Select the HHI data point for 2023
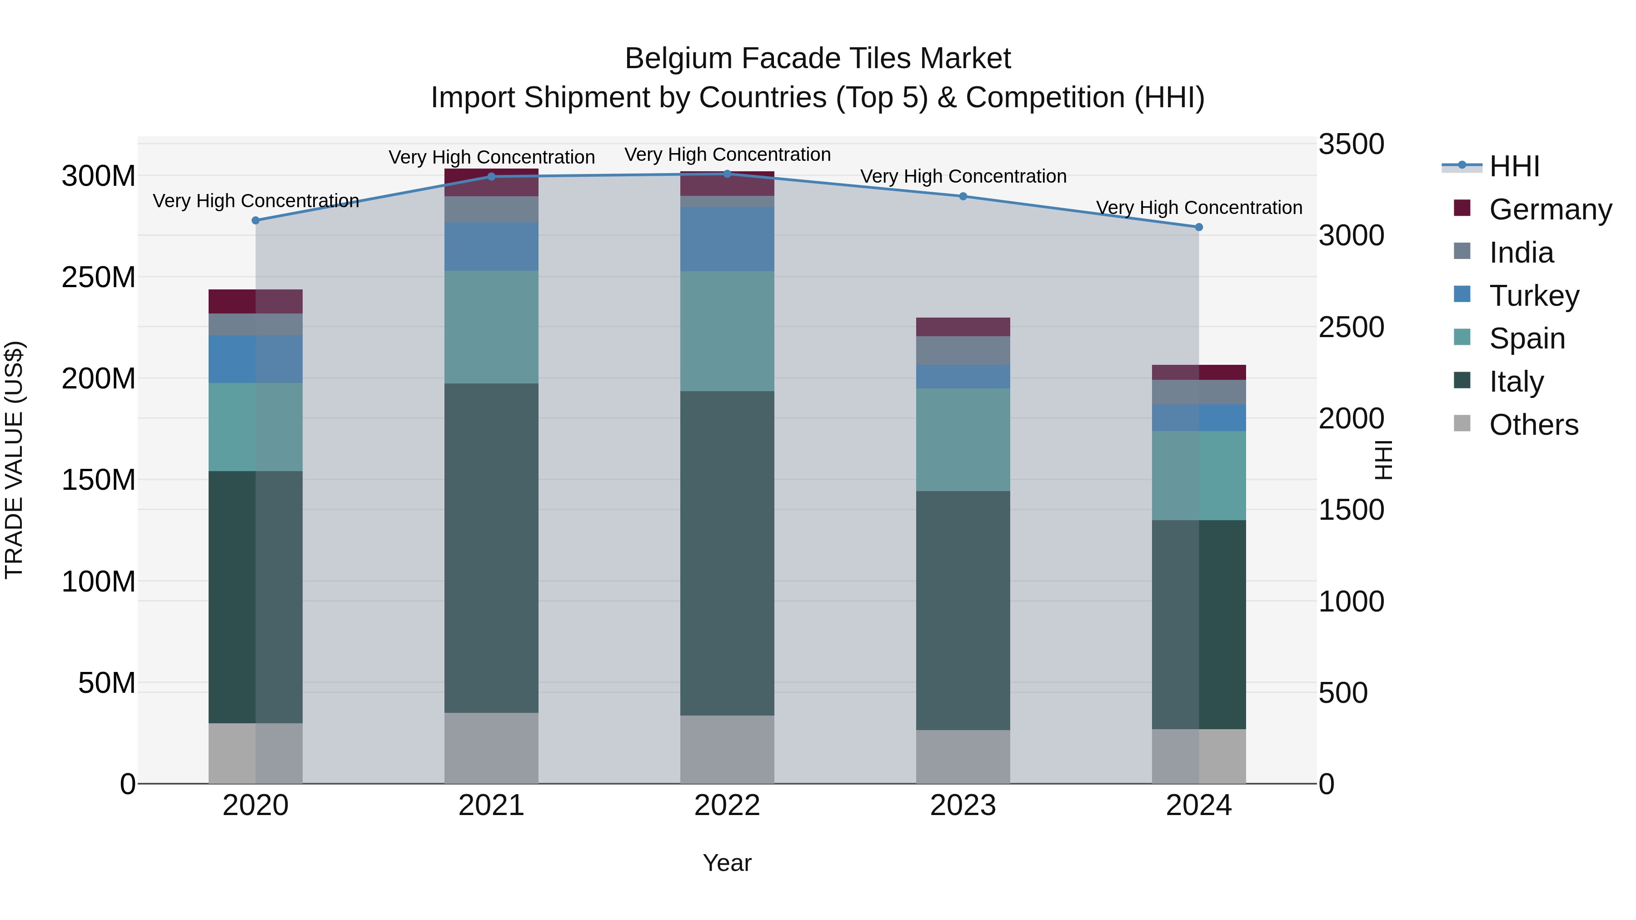click(x=963, y=196)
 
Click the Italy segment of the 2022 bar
click(x=727, y=552)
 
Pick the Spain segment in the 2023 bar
click(x=963, y=439)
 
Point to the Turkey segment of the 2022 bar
click(x=727, y=239)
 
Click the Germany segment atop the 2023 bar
click(x=963, y=326)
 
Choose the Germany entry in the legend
click(x=1550, y=209)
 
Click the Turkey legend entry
click(x=1534, y=296)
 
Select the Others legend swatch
click(x=1462, y=423)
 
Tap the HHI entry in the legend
click(x=1514, y=166)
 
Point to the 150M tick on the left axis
click(x=99, y=480)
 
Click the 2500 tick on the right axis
click(x=1351, y=328)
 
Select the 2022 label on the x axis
click(x=727, y=806)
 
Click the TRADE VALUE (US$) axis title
click(x=15, y=460)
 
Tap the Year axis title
click(x=727, y=863)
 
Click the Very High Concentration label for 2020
click(x=256, y=201)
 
